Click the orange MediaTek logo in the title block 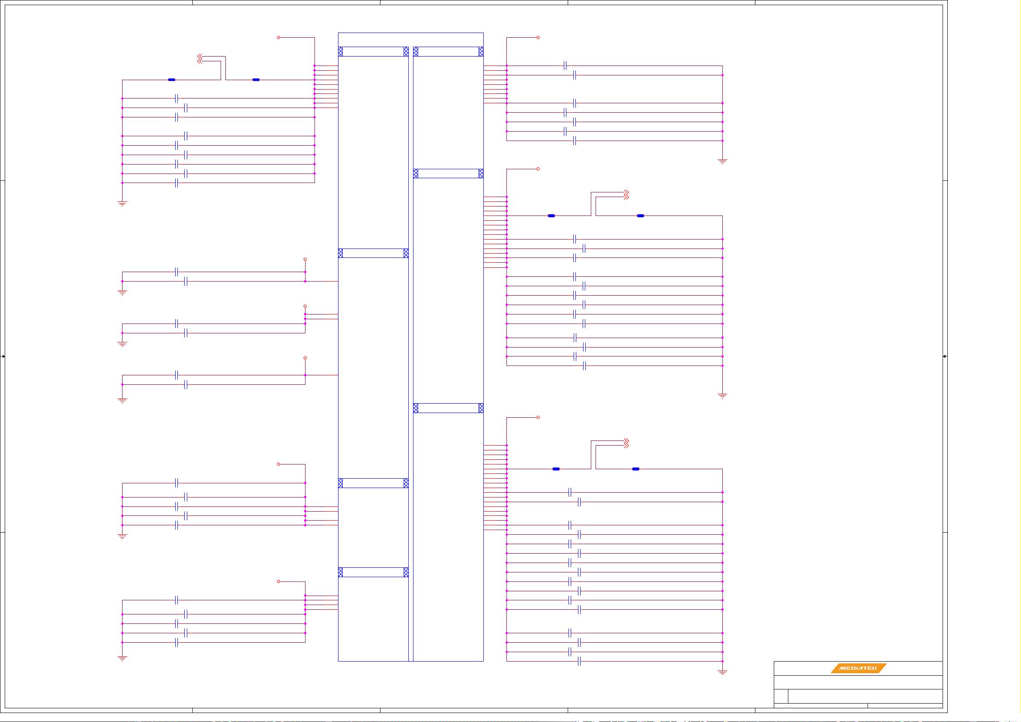(859, 668)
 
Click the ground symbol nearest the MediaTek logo (722, 673)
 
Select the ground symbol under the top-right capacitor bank (722, 162)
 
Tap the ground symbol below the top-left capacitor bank (122, 204)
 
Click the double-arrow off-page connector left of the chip (200, 59)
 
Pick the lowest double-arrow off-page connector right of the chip (626, 443)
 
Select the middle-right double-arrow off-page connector (626, 195)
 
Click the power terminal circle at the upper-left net (278, 37)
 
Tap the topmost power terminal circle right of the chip (538, 37)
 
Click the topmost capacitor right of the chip (565, 66)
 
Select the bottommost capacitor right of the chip (579, 662)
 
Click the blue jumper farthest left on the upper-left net (172, 80)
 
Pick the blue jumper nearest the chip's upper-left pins (256, 80)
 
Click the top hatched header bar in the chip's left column (373, 51)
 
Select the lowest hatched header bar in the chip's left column (373, 572)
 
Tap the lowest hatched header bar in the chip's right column (448, 408)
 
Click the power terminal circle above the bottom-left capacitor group (278, 581)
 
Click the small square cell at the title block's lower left (781, 696)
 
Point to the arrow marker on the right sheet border (944, 357)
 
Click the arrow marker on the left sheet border (3, 357)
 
